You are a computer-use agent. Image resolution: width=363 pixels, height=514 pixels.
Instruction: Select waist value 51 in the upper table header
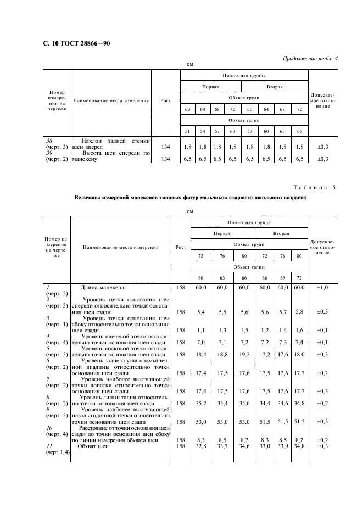click(187, 131)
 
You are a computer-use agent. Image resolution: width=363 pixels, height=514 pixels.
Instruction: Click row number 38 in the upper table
click(48, 141)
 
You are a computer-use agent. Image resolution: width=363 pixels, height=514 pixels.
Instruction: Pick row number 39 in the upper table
click(48, 153)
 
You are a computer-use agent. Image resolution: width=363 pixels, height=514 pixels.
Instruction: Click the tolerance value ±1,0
click(323, 287)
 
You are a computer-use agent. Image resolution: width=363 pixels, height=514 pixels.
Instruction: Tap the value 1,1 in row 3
click(200, 331)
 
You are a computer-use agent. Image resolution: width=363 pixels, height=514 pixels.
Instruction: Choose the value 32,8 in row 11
click(200, 446)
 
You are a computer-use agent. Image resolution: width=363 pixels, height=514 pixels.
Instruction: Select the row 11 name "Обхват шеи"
click(93, 446)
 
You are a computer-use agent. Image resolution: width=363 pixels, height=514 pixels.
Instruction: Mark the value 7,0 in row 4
click(200, 343)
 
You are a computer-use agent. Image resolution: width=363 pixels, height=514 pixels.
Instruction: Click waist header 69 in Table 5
click(283, 277)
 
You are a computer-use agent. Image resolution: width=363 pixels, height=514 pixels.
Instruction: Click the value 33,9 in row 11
click(283, 446)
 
